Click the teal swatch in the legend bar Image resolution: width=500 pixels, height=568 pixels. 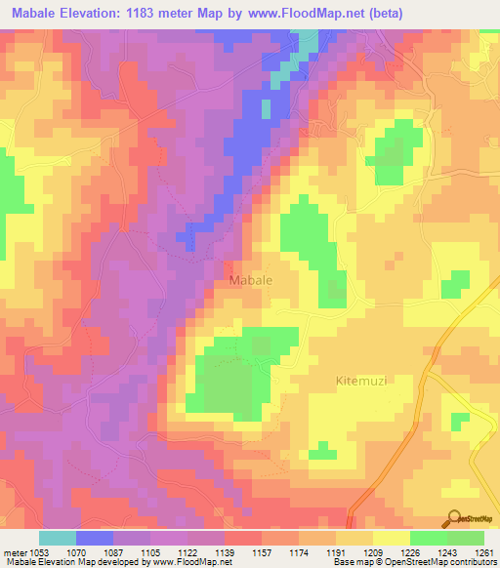pyautogui.click(x=58, y=539)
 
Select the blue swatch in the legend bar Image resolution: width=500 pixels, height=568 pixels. pyautogui.click(x=95, y=539)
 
